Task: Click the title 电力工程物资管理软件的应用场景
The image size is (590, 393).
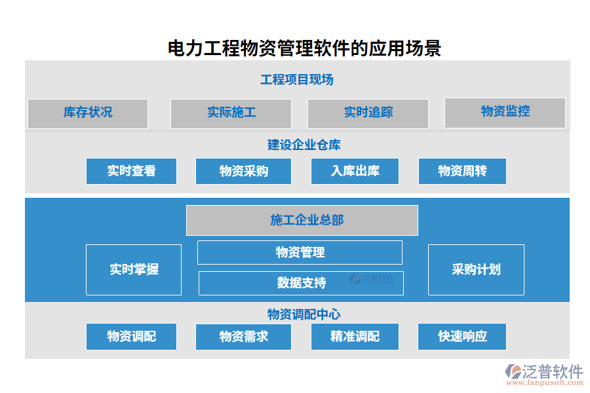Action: tap(304, 48)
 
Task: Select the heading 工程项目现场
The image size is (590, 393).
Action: tap(297, 80)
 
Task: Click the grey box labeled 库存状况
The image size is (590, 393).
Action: tap(88, 113)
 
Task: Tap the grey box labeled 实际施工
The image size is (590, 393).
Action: tap(231, 113)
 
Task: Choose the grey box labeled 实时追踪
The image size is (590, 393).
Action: tap(368, 113)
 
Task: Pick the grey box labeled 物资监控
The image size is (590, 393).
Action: tap(505, 112)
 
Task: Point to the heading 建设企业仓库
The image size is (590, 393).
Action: tap(304, 145)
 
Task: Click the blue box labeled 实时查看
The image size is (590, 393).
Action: tap(131, 172)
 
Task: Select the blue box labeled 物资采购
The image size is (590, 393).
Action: tap(244, 172)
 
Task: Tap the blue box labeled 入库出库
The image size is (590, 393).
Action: tap(355, 172)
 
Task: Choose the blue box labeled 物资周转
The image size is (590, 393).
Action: tap(462, 172)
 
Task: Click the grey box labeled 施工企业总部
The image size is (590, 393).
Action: tap(302, 220)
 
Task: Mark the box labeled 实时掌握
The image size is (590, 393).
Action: tap(134, 269)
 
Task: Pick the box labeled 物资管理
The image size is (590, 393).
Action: tap(300, 252)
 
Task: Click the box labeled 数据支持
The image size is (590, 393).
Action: tap(301, 283)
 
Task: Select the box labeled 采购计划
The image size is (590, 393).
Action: tap(476, 269)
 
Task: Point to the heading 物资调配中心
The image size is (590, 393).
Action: tap(304, 314)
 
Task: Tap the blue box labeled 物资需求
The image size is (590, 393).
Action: tap(244, 337)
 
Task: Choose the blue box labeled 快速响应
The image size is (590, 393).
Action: tap(462, 337)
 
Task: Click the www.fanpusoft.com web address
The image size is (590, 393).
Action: tap(543, 383)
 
